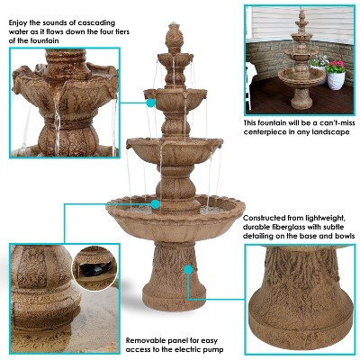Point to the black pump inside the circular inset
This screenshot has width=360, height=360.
94,268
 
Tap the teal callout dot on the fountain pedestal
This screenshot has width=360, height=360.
186,268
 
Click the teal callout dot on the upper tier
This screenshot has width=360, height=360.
151,103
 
